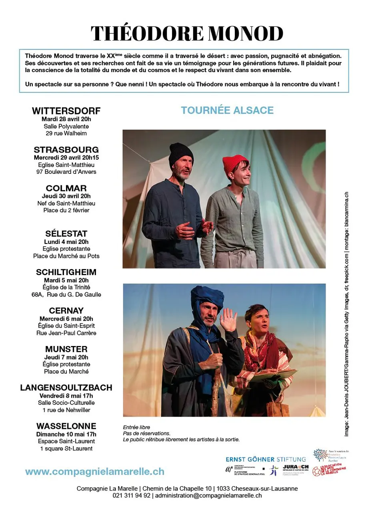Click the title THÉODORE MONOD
(187, 33)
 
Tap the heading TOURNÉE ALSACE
(227, 110)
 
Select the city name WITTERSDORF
(66, 111)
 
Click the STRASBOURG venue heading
(66, 150)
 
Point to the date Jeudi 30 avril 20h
(66, 196)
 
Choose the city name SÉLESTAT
(66, 233)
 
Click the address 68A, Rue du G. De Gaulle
(66, 295)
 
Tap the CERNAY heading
(66, 310)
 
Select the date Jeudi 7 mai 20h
(66, 357)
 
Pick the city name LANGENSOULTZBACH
(66, 387)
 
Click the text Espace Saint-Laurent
(66, 441)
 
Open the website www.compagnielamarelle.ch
(95, 471)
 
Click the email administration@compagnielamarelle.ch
(208, 495)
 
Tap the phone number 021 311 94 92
(132, 495)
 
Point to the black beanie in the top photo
(181, 154)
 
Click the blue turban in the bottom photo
(207, 298)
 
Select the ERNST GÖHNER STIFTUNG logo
(266, 459)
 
